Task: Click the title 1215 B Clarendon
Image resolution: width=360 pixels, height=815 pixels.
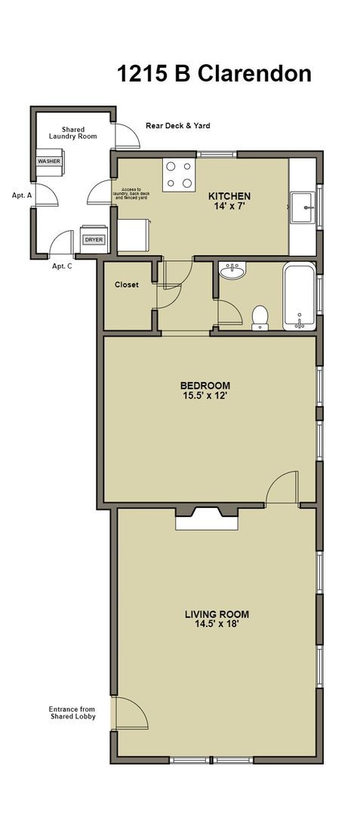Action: (214, 74)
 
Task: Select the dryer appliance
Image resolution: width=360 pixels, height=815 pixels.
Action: (94, 240)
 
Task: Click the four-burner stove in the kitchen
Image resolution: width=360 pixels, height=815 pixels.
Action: (179, 174)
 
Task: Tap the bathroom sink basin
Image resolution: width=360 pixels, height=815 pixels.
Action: (232, 270)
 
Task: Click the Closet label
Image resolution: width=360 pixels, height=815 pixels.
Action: (126, 284)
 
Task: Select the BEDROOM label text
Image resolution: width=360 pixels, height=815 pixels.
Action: (205, 385)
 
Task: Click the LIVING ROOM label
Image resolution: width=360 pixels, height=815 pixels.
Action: (217, 614)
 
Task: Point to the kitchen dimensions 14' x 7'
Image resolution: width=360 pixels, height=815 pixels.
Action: (229, 206)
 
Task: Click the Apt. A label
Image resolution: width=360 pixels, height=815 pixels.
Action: (22, 195)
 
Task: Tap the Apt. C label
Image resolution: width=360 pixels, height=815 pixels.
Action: (62, 266)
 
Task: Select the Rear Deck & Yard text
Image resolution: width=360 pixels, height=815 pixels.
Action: (177, 126)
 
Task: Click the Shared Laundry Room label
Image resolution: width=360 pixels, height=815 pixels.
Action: (73, 133)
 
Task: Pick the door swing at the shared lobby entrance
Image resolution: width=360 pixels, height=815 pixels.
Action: (128, 713)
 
